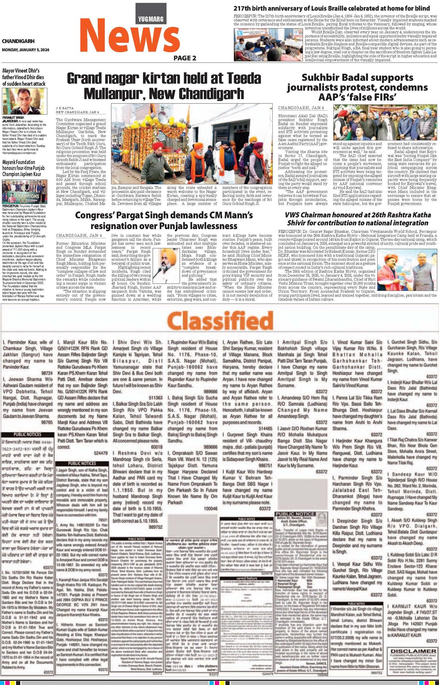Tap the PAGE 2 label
pyautogui.click(x=185, y=58)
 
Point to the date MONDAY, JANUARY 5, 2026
pyautogui.click(x=25, y=49)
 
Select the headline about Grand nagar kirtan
pyautogui.click(x=164, y=86)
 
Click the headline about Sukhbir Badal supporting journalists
pyautogui.click(x=357, y=87)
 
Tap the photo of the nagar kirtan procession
pyautogui.click(x=192, y=144)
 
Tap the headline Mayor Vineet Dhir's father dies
pyautogui.click(x=24, y=77)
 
